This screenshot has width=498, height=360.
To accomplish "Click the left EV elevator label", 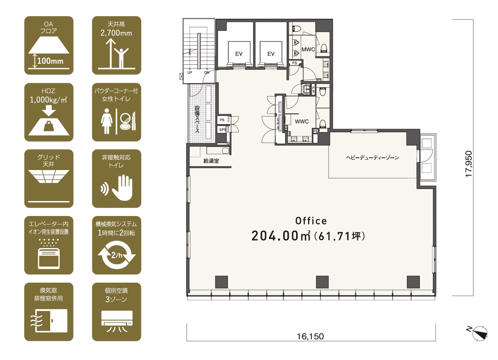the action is [239, 54].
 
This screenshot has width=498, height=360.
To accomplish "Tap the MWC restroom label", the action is [308, 49].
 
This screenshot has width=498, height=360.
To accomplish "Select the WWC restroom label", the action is [302, 121].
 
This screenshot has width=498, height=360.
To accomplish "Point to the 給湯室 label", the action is [211, 161].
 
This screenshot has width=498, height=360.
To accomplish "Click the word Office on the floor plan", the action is [311, 221].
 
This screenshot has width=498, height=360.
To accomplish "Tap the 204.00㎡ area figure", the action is [281, 236].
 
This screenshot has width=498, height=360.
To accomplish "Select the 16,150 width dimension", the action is [311, 336].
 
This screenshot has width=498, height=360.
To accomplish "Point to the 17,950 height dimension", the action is [469, 164].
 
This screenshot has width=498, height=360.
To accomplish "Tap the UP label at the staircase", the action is [190, 73].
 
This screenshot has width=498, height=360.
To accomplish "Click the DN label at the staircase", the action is [207, 73].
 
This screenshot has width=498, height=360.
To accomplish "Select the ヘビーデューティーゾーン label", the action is [372, 158].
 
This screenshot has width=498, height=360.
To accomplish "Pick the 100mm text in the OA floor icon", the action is [50, 61].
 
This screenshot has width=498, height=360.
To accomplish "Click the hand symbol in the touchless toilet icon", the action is [122, 188].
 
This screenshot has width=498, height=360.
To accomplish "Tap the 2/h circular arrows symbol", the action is [116, 255].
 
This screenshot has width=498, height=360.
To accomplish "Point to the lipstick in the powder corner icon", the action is [134, 121].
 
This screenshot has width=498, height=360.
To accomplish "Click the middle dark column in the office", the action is [322, 282].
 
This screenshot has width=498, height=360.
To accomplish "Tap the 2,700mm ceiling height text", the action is [116, 33].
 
